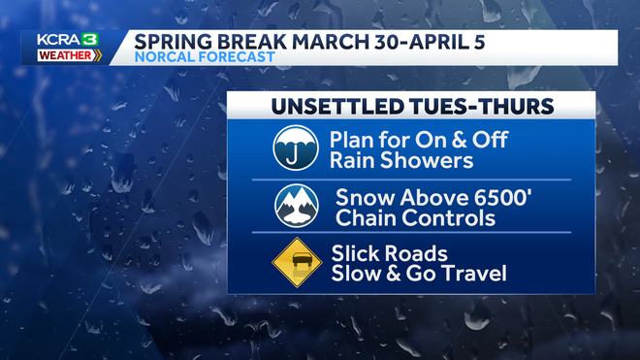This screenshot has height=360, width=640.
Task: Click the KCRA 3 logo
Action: click(x=64, y=40)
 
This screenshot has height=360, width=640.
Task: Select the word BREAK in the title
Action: click(x=244, y=43)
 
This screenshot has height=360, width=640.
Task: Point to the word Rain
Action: click(x=353, y=161)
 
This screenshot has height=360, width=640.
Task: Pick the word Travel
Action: click(x=472, y=274)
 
